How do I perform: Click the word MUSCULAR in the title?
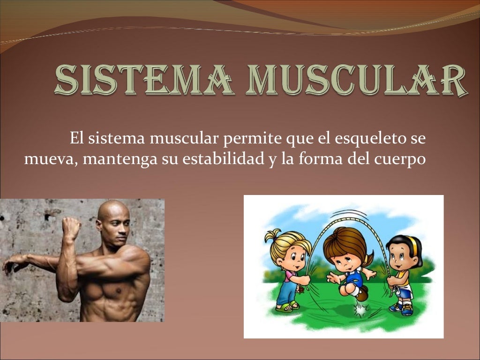point(361,81)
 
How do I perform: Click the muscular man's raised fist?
point(71,228)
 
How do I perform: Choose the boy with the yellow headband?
point(401,272)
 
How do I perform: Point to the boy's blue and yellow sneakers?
point(402,308)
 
